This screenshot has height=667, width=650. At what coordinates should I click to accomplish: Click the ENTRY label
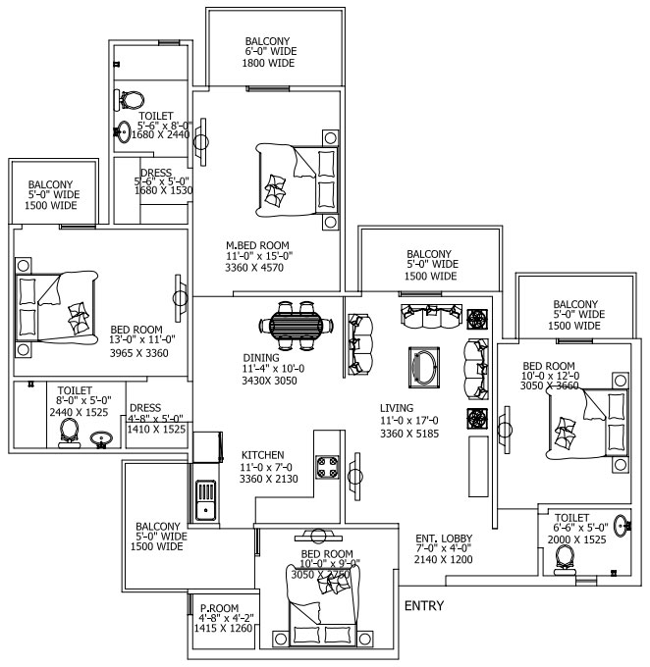point(424,606)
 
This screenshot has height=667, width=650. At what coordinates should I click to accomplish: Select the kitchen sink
point(206,498)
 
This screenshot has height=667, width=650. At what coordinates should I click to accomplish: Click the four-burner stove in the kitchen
point(326,472)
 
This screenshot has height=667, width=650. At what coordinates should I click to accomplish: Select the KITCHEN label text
point(262,455)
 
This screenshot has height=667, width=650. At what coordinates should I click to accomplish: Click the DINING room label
point(260,358)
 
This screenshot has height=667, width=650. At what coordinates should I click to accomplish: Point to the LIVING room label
point(397,408)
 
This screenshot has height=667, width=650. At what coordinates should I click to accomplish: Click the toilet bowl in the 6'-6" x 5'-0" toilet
point(565,557)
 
